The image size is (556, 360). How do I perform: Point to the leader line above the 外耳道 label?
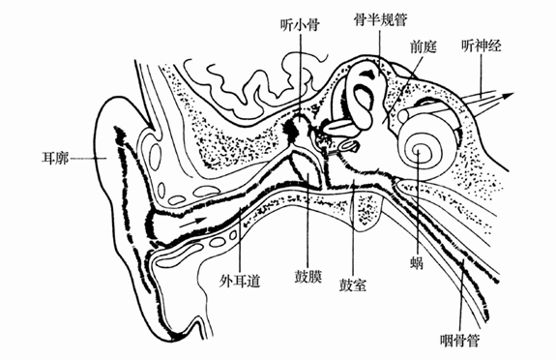point(238,242)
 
